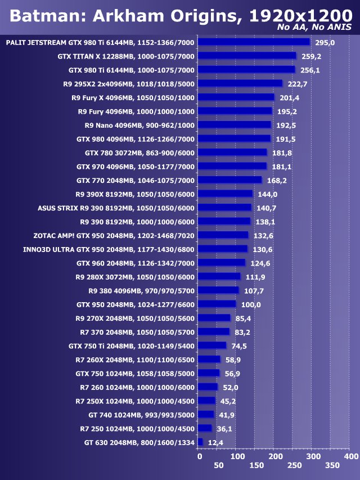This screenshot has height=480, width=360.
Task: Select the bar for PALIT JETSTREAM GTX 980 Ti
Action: (x=254, y=42)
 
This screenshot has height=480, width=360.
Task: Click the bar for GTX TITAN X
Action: (x=247, y=56)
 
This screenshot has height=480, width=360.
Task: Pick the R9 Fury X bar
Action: (x=237, y=97)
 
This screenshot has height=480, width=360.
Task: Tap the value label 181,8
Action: (x=281, y=152)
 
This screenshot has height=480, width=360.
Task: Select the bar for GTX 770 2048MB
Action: (x=231, y=180)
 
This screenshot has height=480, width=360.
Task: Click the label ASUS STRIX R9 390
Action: (x=116, y=208)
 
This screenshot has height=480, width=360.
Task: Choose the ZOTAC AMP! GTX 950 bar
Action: (x=224, y=235)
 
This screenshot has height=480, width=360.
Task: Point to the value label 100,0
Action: (x=250, y=304)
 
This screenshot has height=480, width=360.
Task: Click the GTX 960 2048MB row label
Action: (x=136, y=263)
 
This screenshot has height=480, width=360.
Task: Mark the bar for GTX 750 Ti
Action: (x=213, y=346)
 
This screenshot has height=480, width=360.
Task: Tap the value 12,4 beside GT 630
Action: (x=215, y=443)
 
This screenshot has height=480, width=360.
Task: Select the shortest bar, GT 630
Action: (x=201, y=442)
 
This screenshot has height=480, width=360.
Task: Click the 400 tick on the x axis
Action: (x=350, y=456)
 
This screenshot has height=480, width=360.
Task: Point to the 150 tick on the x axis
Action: (x=256, y=466)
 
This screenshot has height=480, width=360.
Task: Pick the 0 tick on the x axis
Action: (x=200, y=456)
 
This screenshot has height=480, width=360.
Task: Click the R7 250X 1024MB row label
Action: (x=135, y=401)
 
